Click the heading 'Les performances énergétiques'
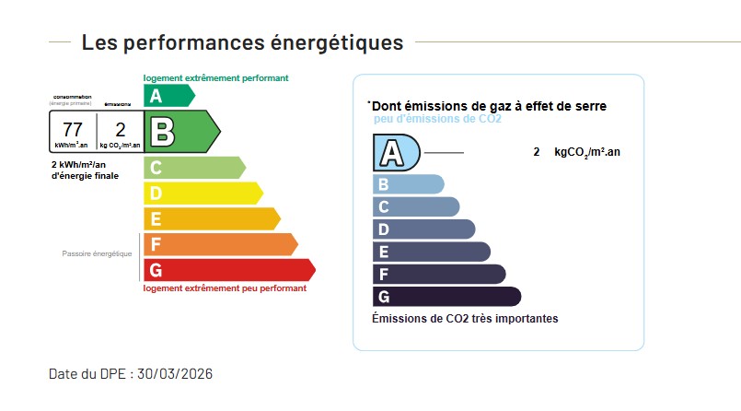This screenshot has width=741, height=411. [242, 42]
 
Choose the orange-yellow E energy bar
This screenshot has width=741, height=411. [211, 219]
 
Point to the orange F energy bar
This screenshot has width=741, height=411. [219, 244]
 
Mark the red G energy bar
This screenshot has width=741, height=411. [228, 270]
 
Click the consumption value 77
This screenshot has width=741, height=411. [72, 129]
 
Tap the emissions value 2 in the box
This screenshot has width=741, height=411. [120, 129]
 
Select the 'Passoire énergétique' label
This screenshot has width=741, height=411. [97, 253]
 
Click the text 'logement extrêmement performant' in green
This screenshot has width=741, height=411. [215, 78]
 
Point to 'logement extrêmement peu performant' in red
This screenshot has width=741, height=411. [225, 288]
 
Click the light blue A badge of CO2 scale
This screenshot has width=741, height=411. [395, 152]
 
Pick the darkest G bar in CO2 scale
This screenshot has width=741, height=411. [446, 297]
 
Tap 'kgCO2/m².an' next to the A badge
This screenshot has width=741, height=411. [586, 152]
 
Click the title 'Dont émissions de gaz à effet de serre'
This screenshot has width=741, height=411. [488, 107]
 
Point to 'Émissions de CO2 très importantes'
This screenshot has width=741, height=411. [465, 319]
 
